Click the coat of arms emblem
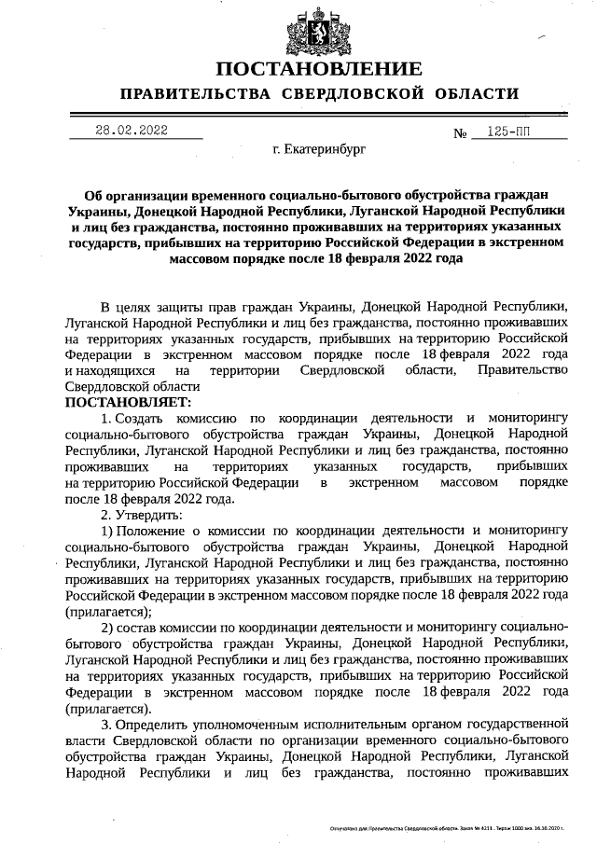[319, 30]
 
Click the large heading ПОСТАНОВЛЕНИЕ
[319, 69]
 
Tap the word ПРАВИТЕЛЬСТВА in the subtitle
[196, 94]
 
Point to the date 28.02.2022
[132, 131]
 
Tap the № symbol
[460, 133]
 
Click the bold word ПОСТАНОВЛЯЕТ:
[127, 402]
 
